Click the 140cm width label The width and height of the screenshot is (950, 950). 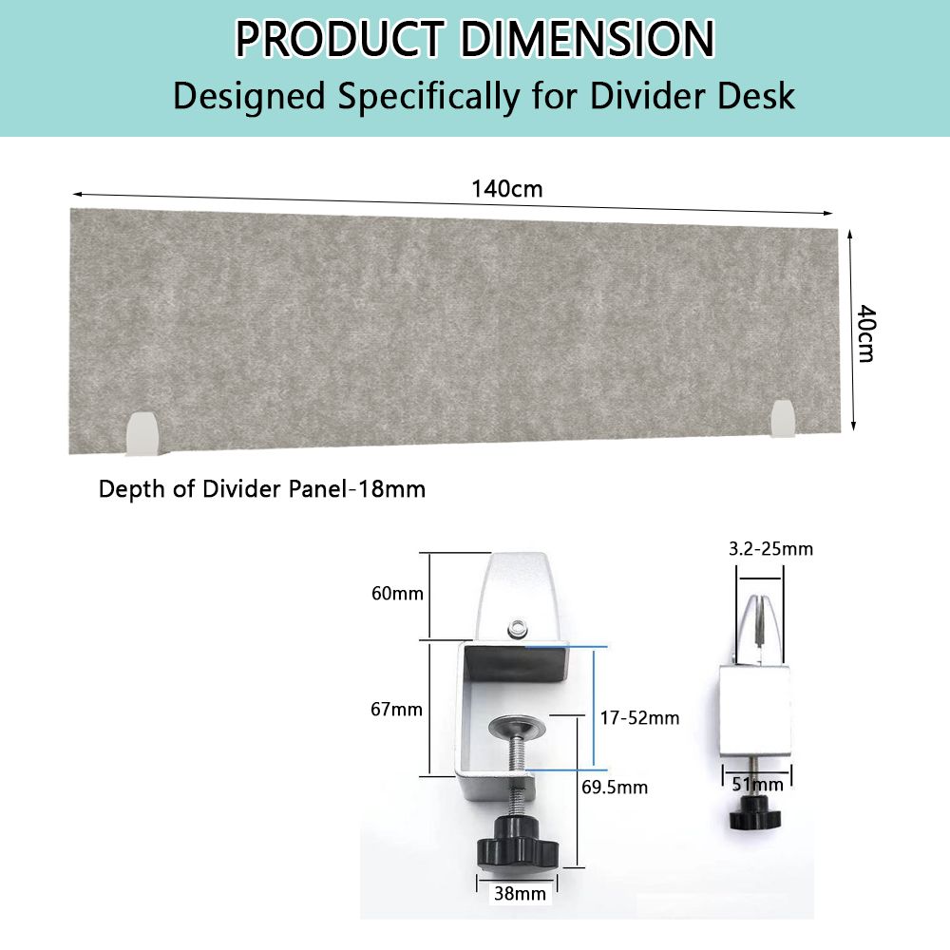507,189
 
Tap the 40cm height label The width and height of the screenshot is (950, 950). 866,333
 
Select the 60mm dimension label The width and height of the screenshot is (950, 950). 397,593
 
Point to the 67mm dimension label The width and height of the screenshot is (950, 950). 397,709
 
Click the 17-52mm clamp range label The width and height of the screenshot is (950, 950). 639,718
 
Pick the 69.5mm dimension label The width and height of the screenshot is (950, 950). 615,787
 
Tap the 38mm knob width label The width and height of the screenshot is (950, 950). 520,894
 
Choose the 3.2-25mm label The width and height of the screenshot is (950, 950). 770,549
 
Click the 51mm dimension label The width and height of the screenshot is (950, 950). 758,785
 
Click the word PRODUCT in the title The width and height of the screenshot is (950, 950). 340,39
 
